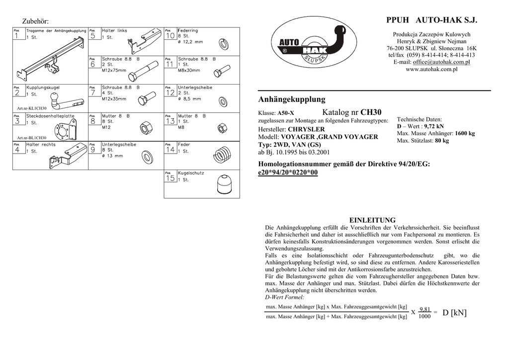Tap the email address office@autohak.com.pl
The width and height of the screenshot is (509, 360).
tap(441, 62)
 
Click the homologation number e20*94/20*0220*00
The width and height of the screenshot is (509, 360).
tap(288, 173)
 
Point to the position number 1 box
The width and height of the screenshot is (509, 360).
tap(18, 36)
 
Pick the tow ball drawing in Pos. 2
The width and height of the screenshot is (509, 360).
tap(65, 99)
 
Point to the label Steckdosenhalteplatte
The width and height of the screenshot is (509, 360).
tap(50, 116)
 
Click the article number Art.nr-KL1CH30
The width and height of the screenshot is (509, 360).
tap(31, 108)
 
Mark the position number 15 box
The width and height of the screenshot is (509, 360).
tap(170, 179)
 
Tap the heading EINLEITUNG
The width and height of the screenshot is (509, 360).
tap(372, 220)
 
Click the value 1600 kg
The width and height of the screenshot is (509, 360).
tap(465, 134)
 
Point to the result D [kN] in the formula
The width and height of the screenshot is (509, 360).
tap(455, 313)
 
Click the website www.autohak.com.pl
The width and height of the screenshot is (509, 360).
tap(431, 69)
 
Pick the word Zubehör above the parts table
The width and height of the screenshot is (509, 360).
tap(35, 20)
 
